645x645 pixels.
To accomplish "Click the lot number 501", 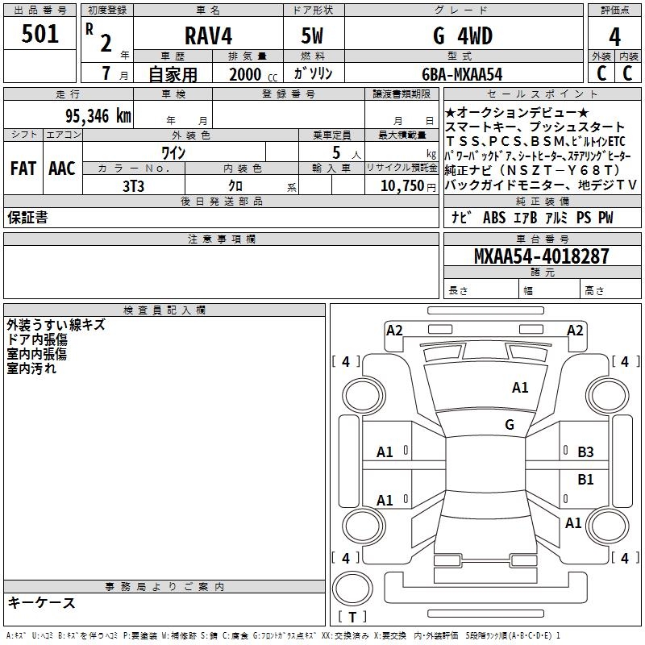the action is (40, 35).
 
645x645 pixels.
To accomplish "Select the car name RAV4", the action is (207, 35).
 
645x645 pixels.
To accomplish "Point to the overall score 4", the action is (614, 37).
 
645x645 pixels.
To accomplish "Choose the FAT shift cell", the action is (23, 168).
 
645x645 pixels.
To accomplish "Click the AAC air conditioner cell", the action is (62, 168).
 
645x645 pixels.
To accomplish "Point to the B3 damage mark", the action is (585, 452).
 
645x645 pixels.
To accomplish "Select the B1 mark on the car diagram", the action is (585, 480).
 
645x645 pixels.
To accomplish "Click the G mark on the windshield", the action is (509, 425).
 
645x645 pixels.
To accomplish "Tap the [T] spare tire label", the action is (352, 618).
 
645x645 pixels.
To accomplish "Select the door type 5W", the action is (313, 35).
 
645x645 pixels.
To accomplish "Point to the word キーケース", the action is (41, 603).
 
